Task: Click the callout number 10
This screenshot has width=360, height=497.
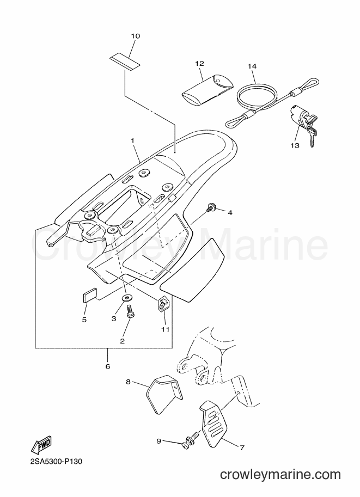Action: click(x=136, y=36)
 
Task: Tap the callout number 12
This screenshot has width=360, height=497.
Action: click(x=199, y=64)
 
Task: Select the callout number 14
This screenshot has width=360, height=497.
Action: click(x=252, y=66)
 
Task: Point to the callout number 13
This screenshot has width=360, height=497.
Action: click(x=295, y=145)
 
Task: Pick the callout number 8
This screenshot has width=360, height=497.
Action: click(x=128, y=382)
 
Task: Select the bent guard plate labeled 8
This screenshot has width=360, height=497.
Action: click(x=164, y=394)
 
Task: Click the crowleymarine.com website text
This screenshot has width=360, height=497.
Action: click(x=280, y=475)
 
